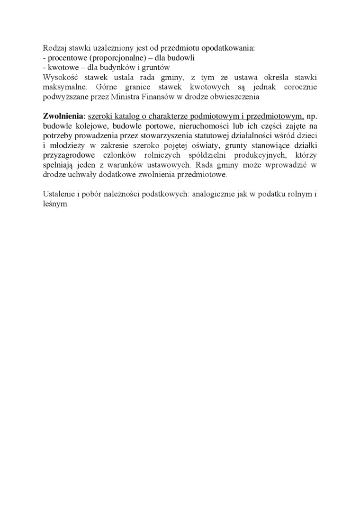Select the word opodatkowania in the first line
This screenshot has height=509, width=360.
(x=228, y=48)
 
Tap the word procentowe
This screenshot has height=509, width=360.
(x=65, y=58)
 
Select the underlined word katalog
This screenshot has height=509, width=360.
(x=126, y=117)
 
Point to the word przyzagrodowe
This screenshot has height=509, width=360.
(x=69, y=157)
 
